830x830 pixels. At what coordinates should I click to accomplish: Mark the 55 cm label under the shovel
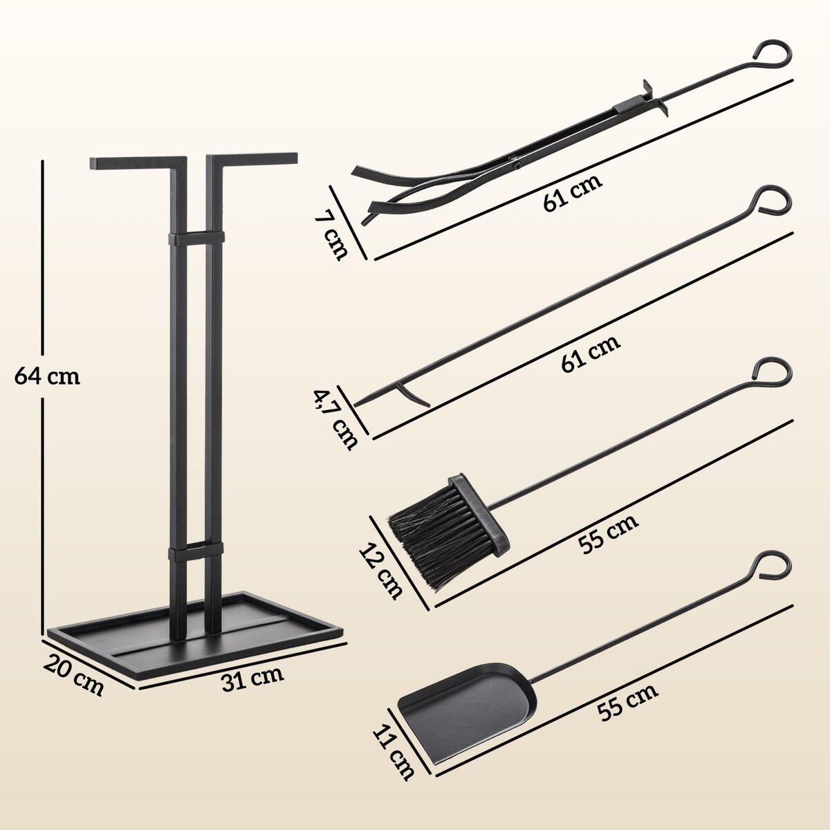click(629, 698)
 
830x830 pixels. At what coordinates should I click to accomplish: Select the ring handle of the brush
click(771, 371)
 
